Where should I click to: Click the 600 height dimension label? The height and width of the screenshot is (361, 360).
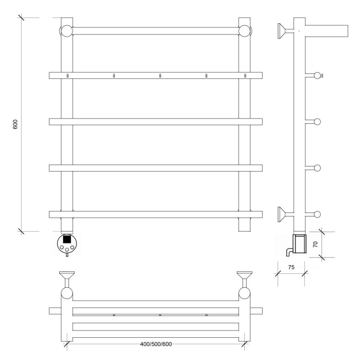pos(16,124)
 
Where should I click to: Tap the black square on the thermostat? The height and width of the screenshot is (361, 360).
pos(67,239)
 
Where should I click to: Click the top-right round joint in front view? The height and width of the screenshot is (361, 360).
pos(245,30)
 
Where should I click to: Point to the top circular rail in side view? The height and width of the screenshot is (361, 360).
pos(317,75)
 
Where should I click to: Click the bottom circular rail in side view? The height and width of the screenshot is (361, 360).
pos(317,214)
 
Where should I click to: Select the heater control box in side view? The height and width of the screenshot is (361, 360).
pos(299,243)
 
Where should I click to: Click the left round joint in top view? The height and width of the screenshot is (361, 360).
pos(67,294)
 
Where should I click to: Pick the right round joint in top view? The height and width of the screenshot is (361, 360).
pos(245,294)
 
